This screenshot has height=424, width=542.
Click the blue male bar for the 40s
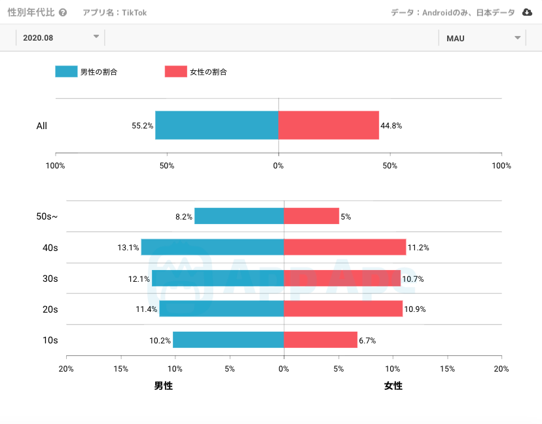click(x=212, y=247)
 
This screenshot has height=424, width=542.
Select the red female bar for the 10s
click(x=320, y=340)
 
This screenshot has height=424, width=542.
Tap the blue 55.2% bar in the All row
click(x=217, y=125)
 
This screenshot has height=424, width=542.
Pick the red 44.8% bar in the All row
click(x=329, y=125)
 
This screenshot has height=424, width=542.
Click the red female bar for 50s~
click(x=311, y=216)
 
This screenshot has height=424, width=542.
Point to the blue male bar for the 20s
click(x=221, y=309)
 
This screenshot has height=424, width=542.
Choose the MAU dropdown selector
click(x=482, y=38)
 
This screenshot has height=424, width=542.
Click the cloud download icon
click(x=527, y=12)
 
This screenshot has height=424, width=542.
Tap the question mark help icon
click(x=63, y=12)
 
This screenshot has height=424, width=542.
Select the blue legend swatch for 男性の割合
click(x=66, y=72)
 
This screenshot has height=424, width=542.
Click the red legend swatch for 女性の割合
click(x=175, y=72)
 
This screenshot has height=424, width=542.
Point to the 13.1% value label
click(x=128, y=248)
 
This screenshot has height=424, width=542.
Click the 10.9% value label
click(x=415, y=309)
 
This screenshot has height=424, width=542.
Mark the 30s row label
click(x=50, y=279)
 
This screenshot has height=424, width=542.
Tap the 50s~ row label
click(x=48, y=216)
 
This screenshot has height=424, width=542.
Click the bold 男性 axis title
click(x=164, y=386)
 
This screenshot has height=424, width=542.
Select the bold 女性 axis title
click(x=393, y=386)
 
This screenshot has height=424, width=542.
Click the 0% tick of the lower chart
click(x=283, y=368)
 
